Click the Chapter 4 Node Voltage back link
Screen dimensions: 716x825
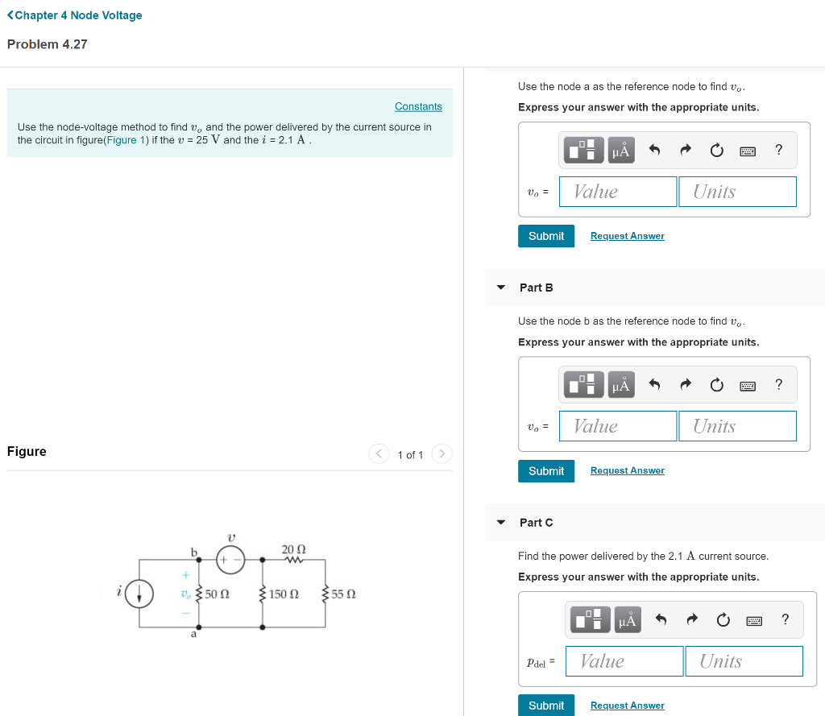pyautogui.click(x=74, y=15)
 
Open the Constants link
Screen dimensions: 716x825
pyautogui.click(x=418, y=106)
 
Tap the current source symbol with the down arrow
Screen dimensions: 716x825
pyautogui.click(x=140, y=594)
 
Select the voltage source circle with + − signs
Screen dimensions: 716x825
pyautogui.click(x=230, y=559)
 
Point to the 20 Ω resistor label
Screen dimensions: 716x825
pyautogui.click(x=293, y=549)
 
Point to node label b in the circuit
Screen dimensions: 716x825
pyautogui.click(x=193, y=551)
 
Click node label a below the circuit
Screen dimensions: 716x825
pyautogui.click(x=193, y=635)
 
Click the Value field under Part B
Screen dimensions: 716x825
pyautogui.click(x=617, y=426)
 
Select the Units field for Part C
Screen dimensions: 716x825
pyautogui.click(x=744, y=661)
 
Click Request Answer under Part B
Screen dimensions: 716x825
pyautogui.click(x=627, y=470)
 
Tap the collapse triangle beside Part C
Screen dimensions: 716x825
pyautogui.click(x=501, y=523)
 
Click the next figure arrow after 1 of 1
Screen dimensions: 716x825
pyautogui.click(x=442, y=454)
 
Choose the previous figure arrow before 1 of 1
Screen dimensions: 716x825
pyautogui.click(x=379, y=454)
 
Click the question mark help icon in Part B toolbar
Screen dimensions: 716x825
pyautogui.click(x=778, y=384)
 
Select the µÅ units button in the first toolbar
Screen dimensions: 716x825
pyautogui.click(x=620, y=150)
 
